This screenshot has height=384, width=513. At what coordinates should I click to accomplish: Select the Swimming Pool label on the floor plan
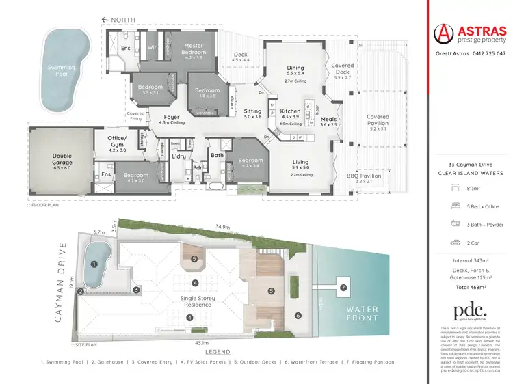point(62,68)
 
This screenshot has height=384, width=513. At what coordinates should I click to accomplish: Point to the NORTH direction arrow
point(105,20)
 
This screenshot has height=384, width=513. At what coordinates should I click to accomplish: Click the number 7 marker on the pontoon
point(343,288)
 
